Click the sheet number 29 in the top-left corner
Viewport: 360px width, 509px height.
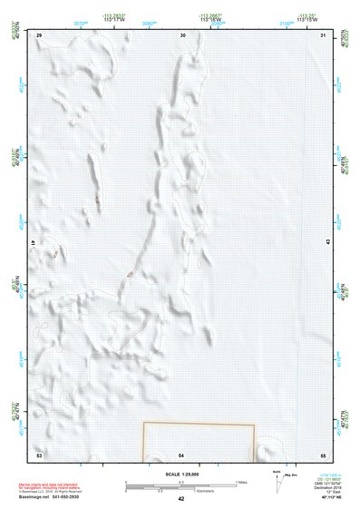click(x=39, y=34)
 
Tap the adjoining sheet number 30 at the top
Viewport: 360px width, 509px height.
click(x=182, y=34)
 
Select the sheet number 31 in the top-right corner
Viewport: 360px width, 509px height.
click(x=324, y=34)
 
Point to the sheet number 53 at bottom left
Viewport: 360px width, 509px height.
click(x=39, y=453)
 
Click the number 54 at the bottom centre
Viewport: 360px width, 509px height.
click(x=181, y=453)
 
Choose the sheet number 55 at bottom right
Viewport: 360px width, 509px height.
click(x=324, y=453)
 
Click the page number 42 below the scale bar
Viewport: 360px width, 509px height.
click(x=181, y=499)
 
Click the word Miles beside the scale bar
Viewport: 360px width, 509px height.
click(x=242, y=482)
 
